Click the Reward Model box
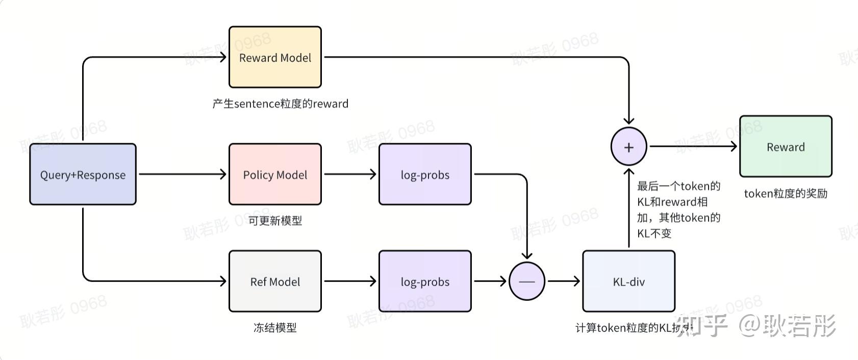275,57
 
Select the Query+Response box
83,174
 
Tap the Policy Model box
275,174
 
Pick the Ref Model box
275,281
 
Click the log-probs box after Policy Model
425,174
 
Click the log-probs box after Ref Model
425,281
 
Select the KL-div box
628,281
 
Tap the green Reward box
786,147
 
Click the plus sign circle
628,147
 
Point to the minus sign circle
527,281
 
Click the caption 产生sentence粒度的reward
280,104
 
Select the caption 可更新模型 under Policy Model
275,221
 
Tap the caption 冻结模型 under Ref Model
275,327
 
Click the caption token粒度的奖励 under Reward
786,193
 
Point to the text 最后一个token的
678,186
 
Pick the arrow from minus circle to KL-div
564,281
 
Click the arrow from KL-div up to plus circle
628,209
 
